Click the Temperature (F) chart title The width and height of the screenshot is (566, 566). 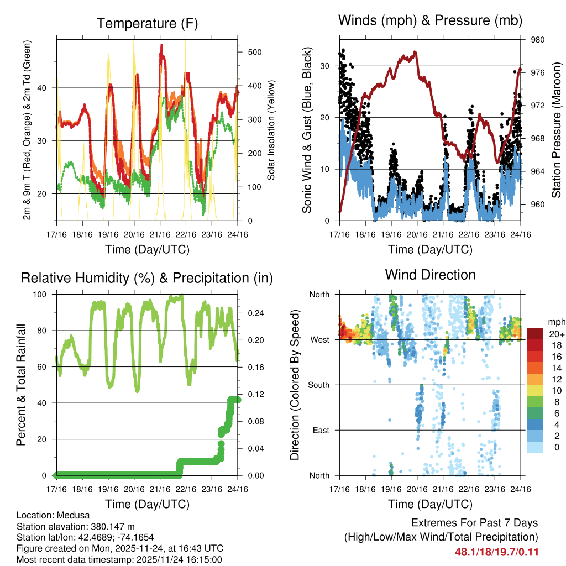coord(147,23)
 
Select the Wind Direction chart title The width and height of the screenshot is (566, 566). coord(430,274)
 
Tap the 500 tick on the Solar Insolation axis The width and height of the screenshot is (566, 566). coord(254,52)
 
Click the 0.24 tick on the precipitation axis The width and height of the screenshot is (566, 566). coord(251,313)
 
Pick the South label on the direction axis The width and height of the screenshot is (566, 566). coord(318,385)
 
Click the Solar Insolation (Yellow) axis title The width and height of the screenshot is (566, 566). coord(271,130)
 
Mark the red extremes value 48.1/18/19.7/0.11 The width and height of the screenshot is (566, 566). coord(496,552)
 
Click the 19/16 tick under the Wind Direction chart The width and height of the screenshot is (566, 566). coord(391,489)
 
